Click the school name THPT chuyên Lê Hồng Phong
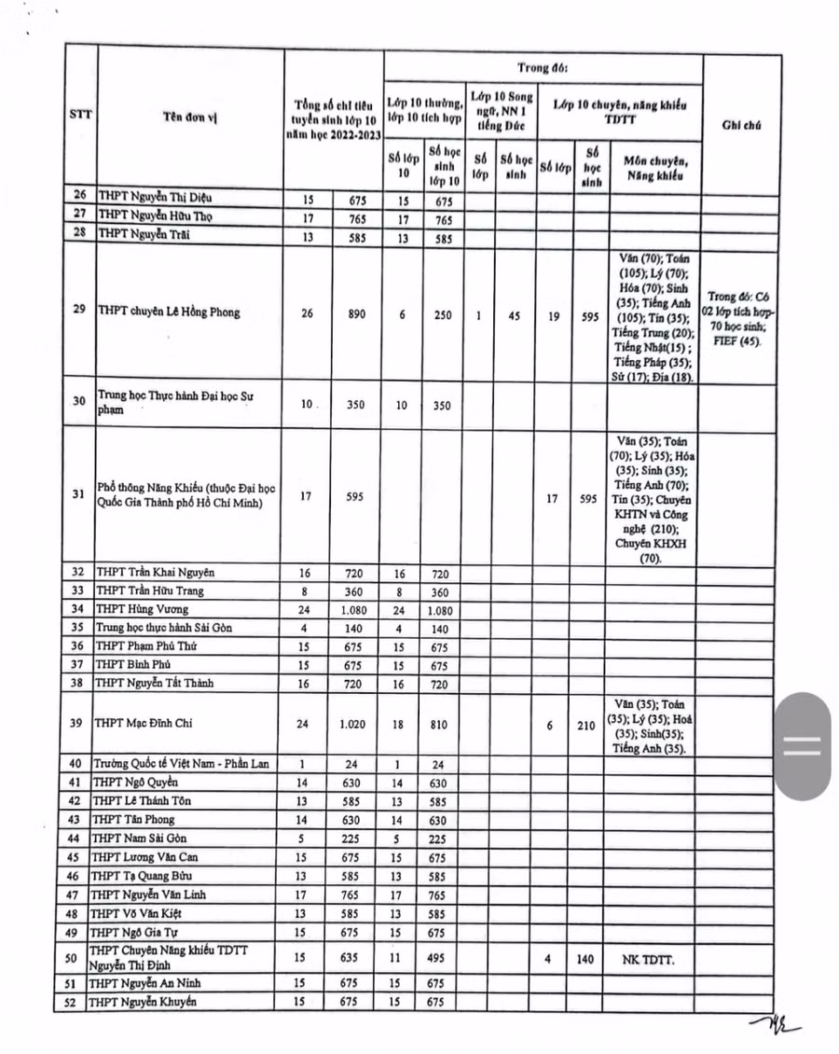pyautogui.click(x=169, y=312)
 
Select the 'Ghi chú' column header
pyautogui.click(x=740, y=124)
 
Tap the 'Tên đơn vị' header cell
pyautogui.click(x=189, y=117)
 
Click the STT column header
pyautogui.click(x=80, y=115)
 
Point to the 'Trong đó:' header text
pyautogui.click(x=543, y=68)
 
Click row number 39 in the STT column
pyautogui.click(x=79, y=723)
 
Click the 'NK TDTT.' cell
pyautogui.click(x=648, y=957)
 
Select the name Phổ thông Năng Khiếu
pyautogui.click(x=186, y=495)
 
